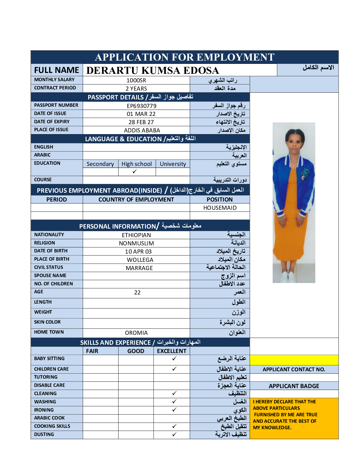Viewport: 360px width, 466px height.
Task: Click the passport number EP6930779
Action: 141,106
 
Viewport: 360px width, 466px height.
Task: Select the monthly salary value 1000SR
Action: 136,80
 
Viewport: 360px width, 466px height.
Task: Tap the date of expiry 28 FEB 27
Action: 141,122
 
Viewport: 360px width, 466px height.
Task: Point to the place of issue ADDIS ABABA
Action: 142,130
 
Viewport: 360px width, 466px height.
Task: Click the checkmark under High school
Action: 135,172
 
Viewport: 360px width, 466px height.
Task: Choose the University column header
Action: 173,164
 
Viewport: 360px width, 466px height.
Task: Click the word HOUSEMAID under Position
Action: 220,208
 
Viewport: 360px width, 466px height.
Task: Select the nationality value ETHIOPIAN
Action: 136,235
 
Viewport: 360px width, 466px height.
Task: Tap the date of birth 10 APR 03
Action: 138,252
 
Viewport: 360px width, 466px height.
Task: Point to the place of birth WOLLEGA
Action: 140,260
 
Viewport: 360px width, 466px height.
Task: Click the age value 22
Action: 137,292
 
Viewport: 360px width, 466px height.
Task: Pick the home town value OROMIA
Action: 136,333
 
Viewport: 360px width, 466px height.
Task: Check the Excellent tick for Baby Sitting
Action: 174,358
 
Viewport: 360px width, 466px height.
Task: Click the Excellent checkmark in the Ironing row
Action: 174,410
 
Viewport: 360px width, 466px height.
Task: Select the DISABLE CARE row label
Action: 49,385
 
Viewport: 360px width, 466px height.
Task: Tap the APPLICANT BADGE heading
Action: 294,386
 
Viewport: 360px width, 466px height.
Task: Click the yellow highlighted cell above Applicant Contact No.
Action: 294,360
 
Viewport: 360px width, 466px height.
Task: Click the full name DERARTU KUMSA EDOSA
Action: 153,71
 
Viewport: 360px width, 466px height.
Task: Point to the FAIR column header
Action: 92,351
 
